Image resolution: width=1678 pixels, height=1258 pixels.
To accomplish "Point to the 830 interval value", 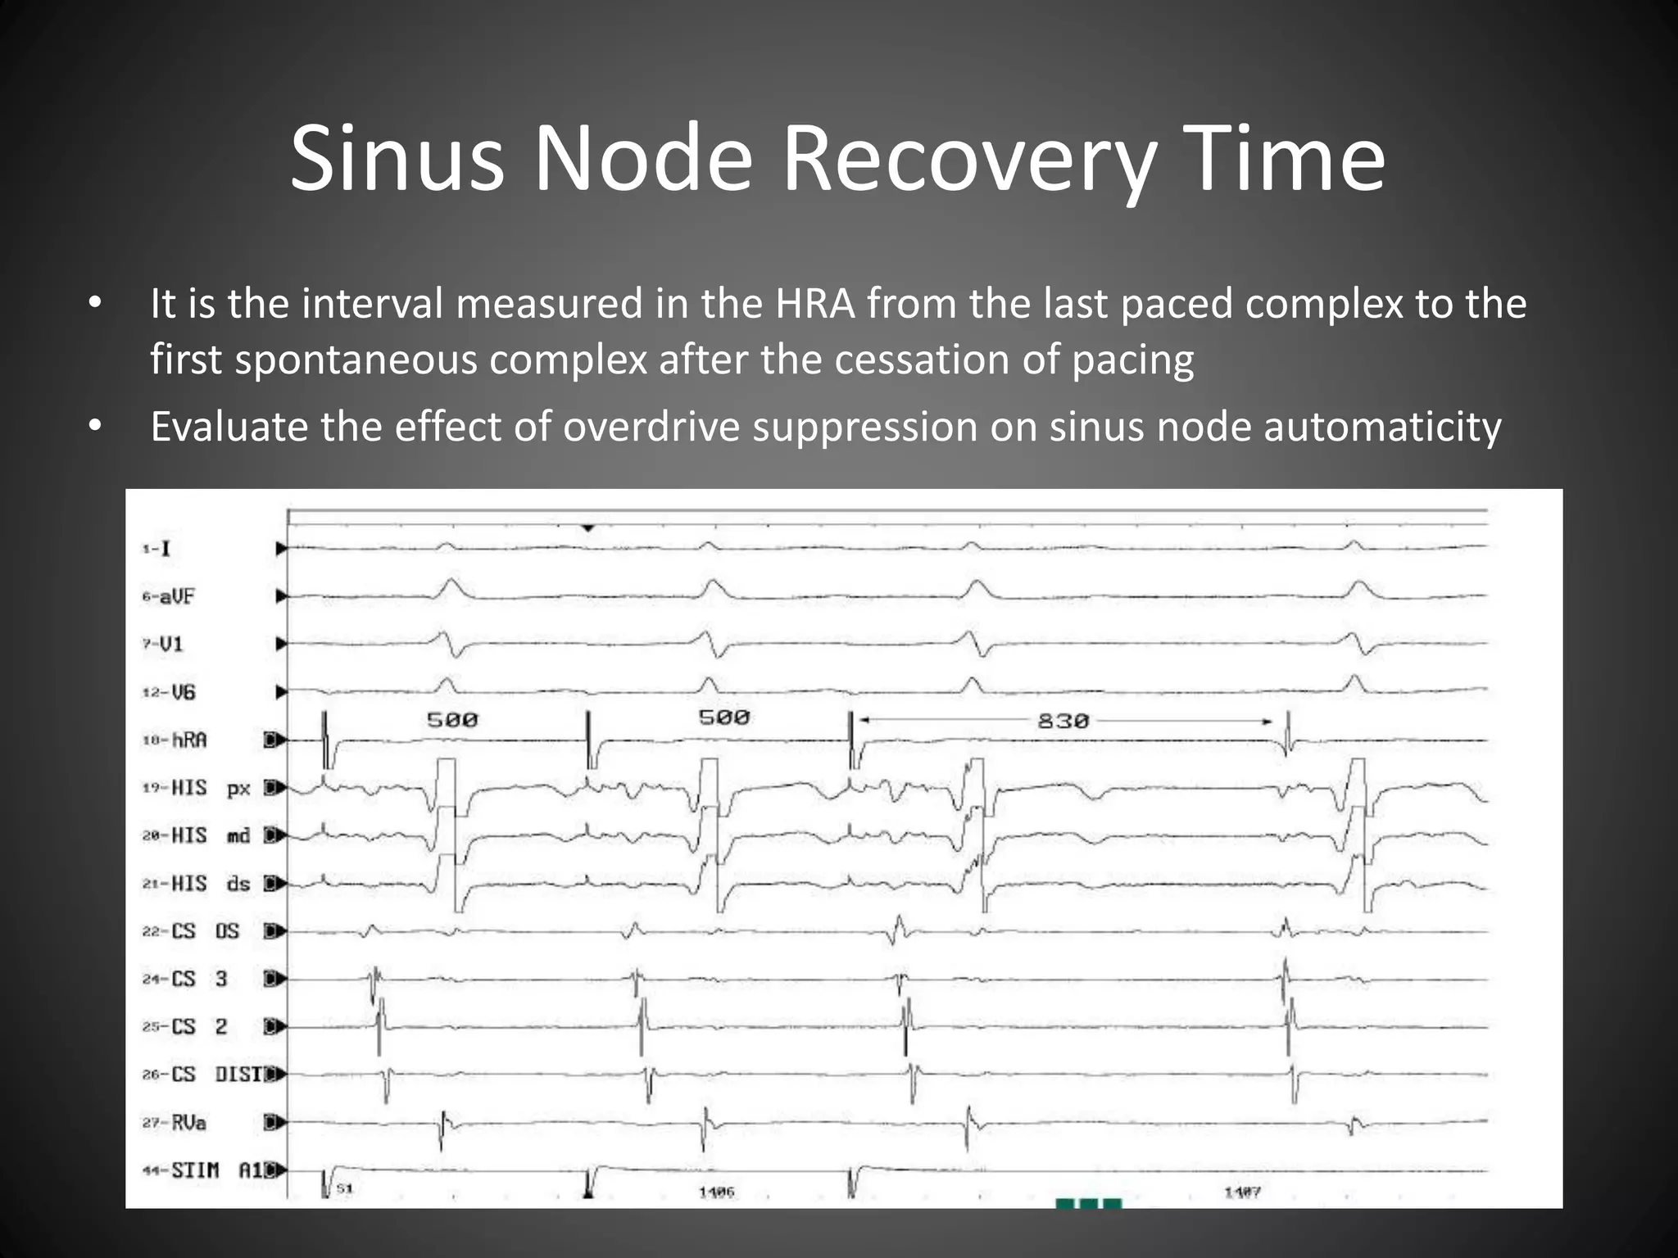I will click(x=1063, y=721).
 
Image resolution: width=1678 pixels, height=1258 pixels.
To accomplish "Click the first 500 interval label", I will click(x=451, y=720).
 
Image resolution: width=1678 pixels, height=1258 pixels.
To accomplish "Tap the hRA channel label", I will click(x=188, y=740).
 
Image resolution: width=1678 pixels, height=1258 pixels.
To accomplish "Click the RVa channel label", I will click(x=187, y=1122).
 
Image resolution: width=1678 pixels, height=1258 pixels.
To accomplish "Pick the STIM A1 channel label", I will click(x=213, y=1170).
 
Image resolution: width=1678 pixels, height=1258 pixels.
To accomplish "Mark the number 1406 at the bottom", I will click(x=717, y=1192).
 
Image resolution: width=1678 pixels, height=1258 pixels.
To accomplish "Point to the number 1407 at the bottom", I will click(x=1242, y=1192).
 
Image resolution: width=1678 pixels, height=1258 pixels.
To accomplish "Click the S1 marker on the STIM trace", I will click(x=345, y=1188).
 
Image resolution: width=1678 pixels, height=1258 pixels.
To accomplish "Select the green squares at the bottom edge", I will click(x=1088, y=1203).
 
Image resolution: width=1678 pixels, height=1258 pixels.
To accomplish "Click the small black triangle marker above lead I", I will click(x=587, y=528).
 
